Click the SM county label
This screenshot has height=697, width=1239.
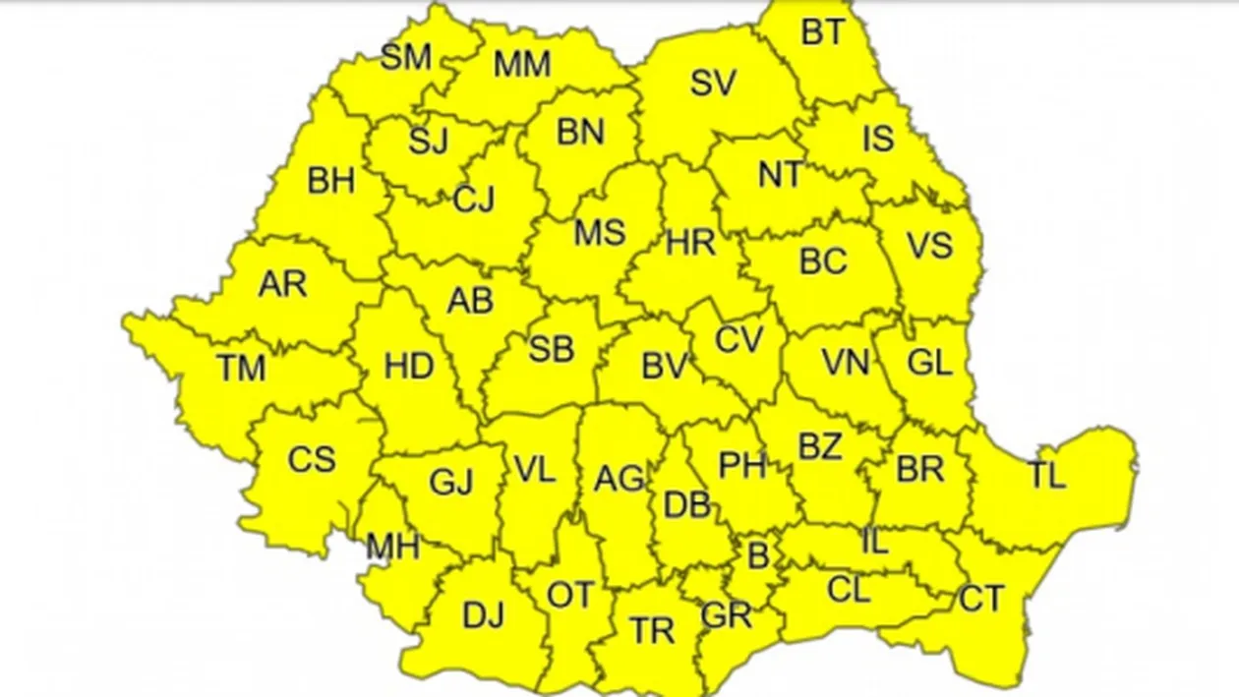[x=406, y=57]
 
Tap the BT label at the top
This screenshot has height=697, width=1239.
[x=823, y=32]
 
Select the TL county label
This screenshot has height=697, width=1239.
[x=1047, y=477]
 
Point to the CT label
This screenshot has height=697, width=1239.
[x=981, y=599]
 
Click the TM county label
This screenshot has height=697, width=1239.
[x=242, y=369]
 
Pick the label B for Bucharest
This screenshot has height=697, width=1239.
[x=758, y=555]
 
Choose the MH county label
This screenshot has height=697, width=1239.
[x=392, y=547]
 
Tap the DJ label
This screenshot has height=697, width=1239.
[x=483, y=615]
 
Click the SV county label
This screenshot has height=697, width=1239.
[x=713, y=84]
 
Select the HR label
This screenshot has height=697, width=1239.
[x=690, y=243]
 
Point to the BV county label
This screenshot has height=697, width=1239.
[x=664, y=367]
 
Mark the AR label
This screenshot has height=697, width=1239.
[x=282, y=284]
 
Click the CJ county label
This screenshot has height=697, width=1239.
[x=474, y=200]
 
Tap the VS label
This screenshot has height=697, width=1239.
[x=929, y=245]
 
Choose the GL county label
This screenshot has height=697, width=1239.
[x=929, y=364]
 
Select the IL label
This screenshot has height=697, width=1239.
[x=874, y=541]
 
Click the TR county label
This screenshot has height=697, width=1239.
[x=653, y=631]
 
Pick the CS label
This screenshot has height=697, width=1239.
[x=312, y=459]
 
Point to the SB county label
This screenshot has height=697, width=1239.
[x=551, y=349]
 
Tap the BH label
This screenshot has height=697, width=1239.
[x=331, y=181]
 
